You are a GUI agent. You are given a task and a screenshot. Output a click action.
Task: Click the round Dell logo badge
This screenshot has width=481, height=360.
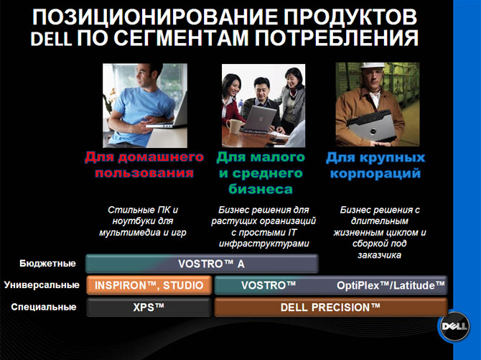(x=454, y=326)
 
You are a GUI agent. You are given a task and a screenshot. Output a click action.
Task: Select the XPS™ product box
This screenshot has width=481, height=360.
(x=149, y=307)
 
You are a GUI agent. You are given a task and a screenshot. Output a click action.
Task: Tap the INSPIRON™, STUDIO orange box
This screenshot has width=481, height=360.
(x=149, y=285)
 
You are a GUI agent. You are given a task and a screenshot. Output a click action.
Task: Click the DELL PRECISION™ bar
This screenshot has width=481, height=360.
(x=331, y=307)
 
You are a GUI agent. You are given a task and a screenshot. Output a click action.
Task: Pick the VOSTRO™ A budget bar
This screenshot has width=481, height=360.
(x=202, y=264)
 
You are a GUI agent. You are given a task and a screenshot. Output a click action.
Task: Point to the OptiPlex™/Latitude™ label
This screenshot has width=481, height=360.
(x=391, y=285)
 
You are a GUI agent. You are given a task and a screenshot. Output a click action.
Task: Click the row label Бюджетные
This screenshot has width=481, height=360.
(x=47, y=264)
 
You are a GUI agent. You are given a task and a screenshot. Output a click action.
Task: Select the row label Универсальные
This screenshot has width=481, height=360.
(x=42, y=285)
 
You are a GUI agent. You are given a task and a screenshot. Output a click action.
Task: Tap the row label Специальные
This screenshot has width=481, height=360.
(x=44, y=307)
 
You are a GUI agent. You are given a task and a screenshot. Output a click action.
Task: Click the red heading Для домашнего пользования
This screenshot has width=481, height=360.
(x=144, y=165)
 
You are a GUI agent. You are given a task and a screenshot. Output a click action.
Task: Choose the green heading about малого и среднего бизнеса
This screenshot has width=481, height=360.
(x=261, y=173)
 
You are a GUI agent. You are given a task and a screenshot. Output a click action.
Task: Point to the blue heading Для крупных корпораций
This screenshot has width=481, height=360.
(x=375, y=165)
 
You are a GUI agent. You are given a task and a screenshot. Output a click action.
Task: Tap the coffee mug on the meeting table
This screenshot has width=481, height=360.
(x=234, y=126)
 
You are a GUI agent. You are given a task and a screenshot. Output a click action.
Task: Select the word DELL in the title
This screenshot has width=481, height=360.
(x=51, y=39)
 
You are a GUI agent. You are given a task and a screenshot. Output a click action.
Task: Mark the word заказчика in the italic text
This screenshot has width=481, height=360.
(x=380, y=255)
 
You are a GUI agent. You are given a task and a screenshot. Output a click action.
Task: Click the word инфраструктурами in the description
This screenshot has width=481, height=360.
(x=263, y=244)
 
